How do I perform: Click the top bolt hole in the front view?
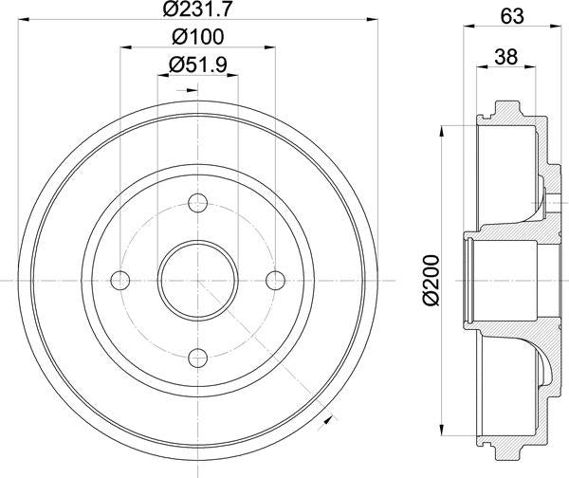click(x=197, y=203)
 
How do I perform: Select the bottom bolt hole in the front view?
click(x=197, y=358)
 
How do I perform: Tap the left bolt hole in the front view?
click(x=120, y=280)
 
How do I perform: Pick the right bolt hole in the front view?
click(x=274, y=280)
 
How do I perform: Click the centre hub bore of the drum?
click(x=197, y=280)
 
